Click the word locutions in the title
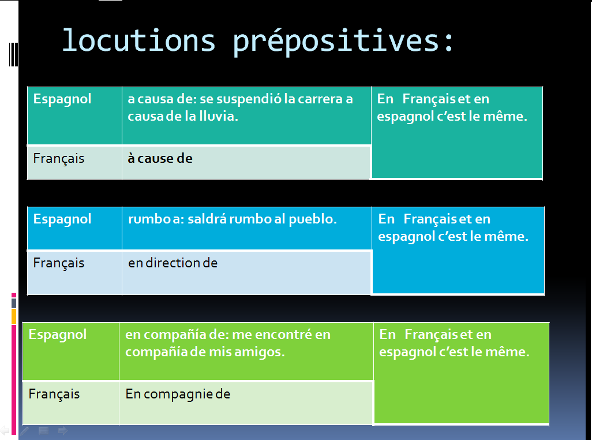coord(138,40)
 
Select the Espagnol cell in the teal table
coord(62,99)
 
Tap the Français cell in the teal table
coord(59,158)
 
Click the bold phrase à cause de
coord(160,158)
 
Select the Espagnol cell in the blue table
coord(62,219)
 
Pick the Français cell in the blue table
coord(59,263)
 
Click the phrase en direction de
coord(173,263)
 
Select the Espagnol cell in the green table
coord(58,335)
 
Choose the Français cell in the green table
coord(54,394)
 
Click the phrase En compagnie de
coord(178,394)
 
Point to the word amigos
coord(262,352)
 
